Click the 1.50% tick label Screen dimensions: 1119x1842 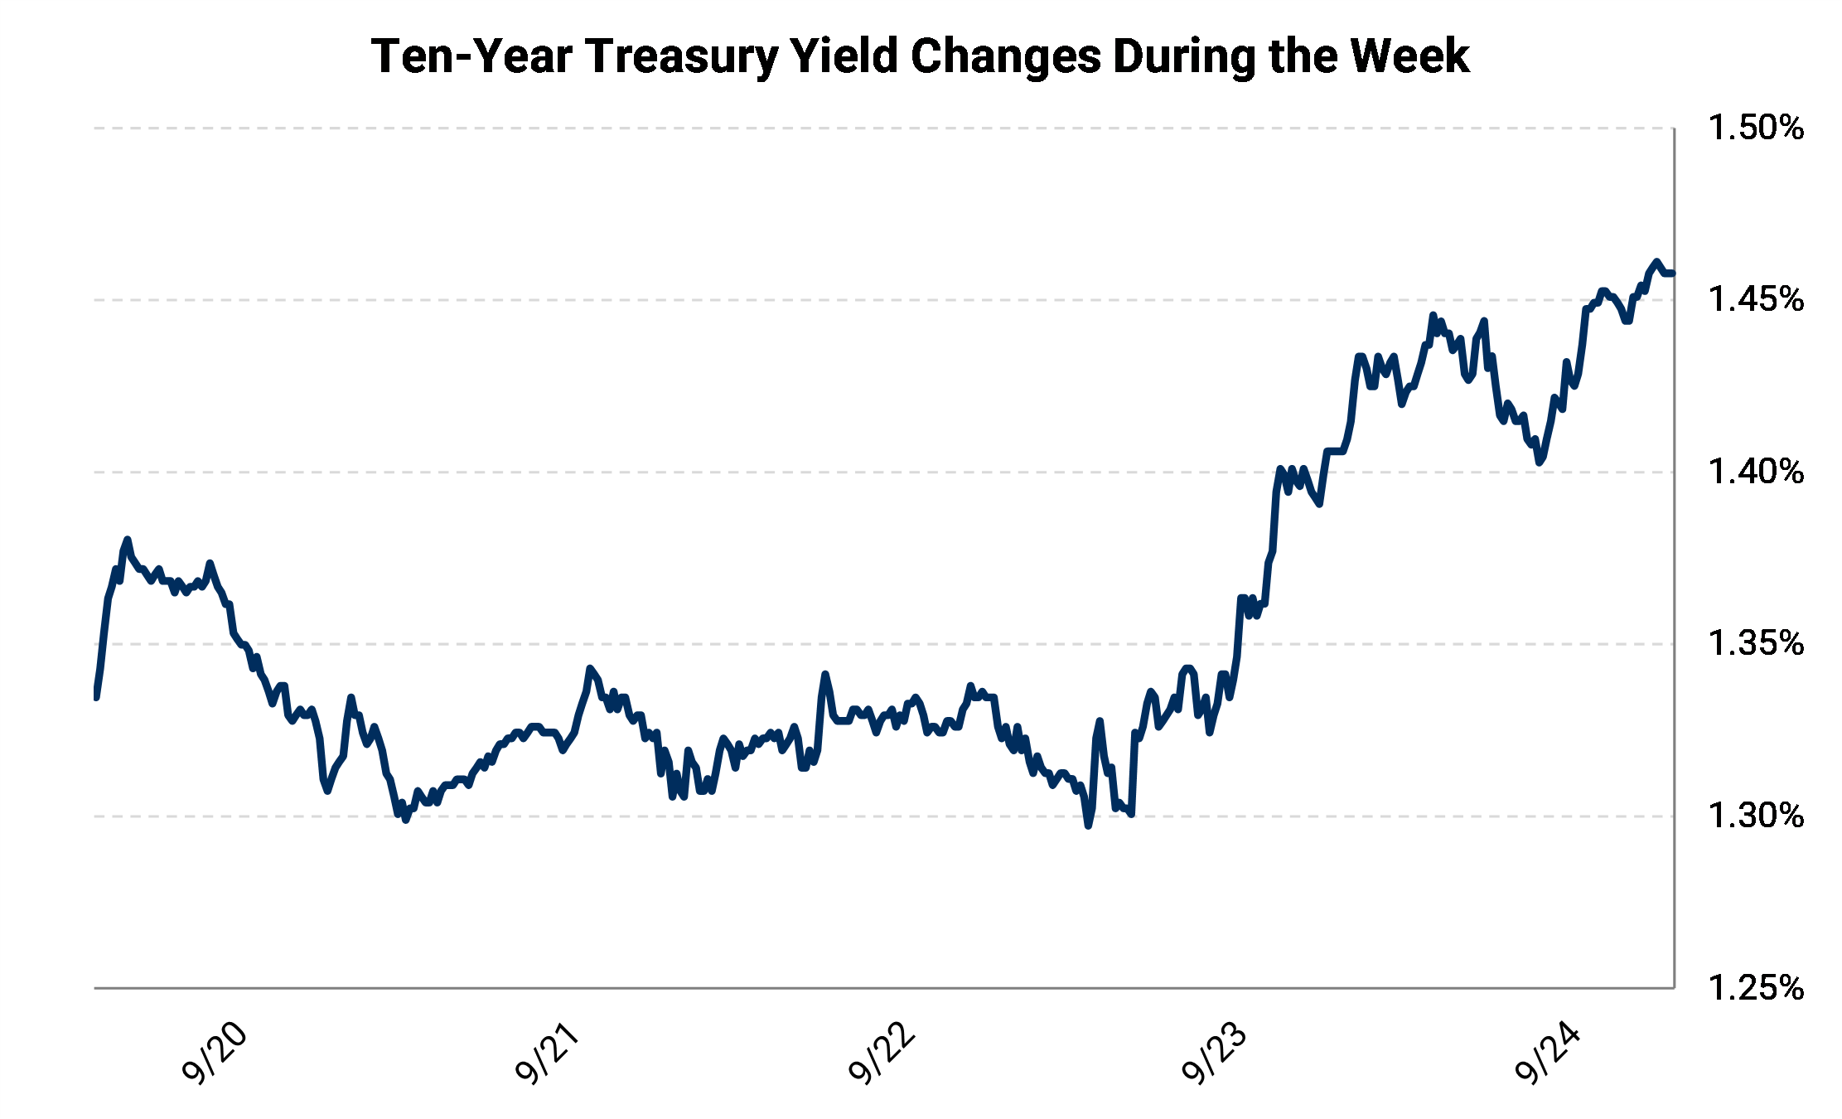[1756, 128]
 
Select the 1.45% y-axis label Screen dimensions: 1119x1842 [1756, 300]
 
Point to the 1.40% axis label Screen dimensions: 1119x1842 [1756, 472]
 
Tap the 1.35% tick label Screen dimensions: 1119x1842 [1756, 644]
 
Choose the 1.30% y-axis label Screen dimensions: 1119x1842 [1756, 816]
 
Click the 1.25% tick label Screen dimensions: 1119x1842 [1756, 988]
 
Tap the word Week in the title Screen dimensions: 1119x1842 [1409, 56]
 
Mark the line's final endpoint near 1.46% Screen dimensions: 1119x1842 [1672, 274]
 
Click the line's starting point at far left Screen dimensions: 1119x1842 [96, 697]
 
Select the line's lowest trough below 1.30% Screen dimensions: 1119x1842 [1089, 826]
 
